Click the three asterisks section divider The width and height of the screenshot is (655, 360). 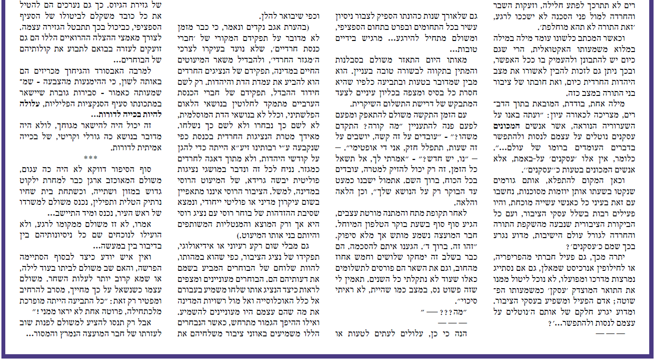[x=90, y=158]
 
